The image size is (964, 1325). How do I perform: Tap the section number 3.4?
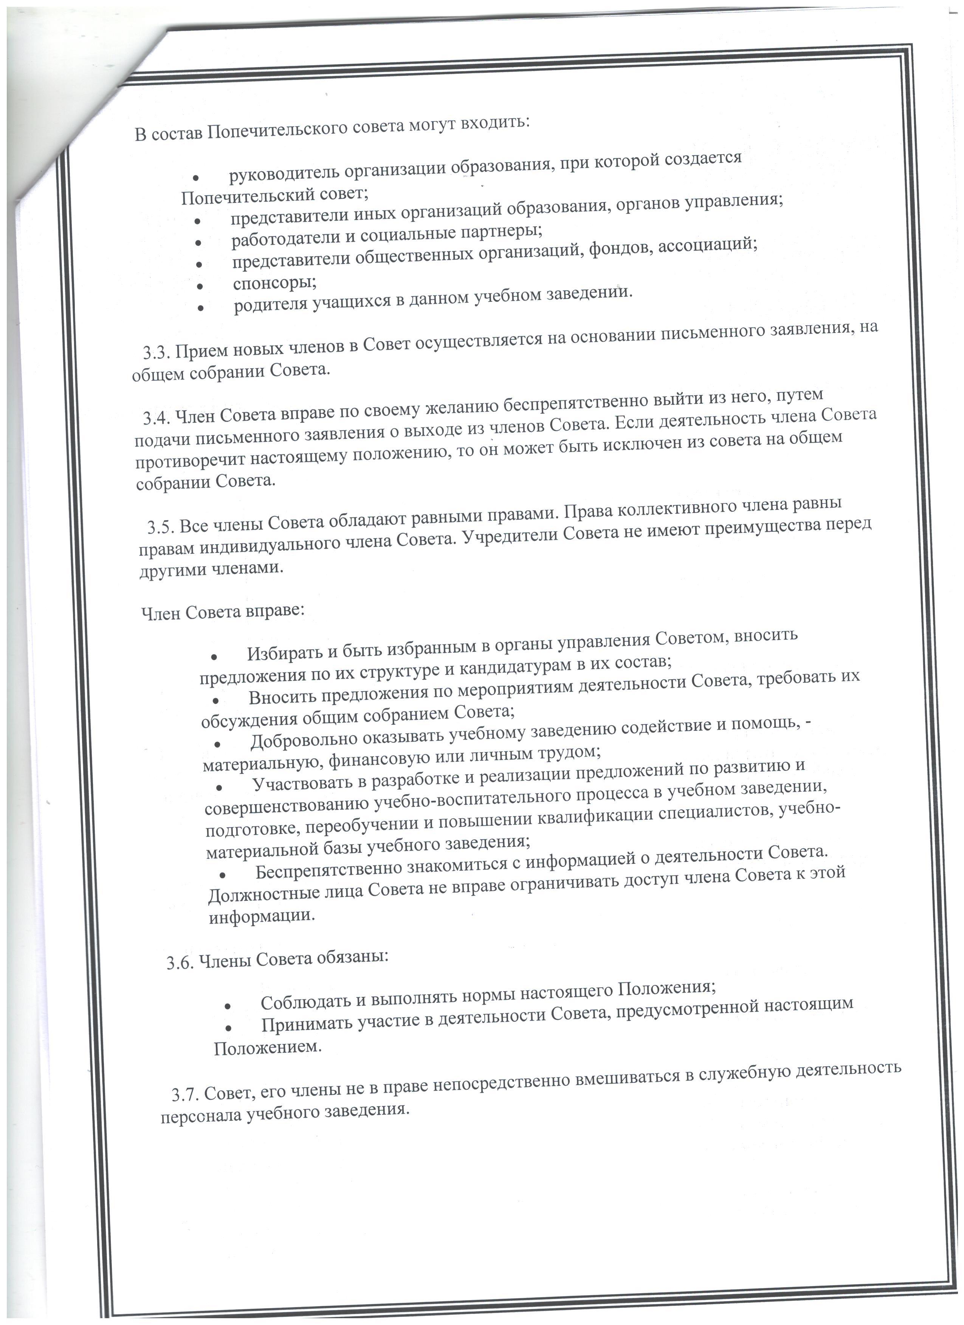tap(157, 418)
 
